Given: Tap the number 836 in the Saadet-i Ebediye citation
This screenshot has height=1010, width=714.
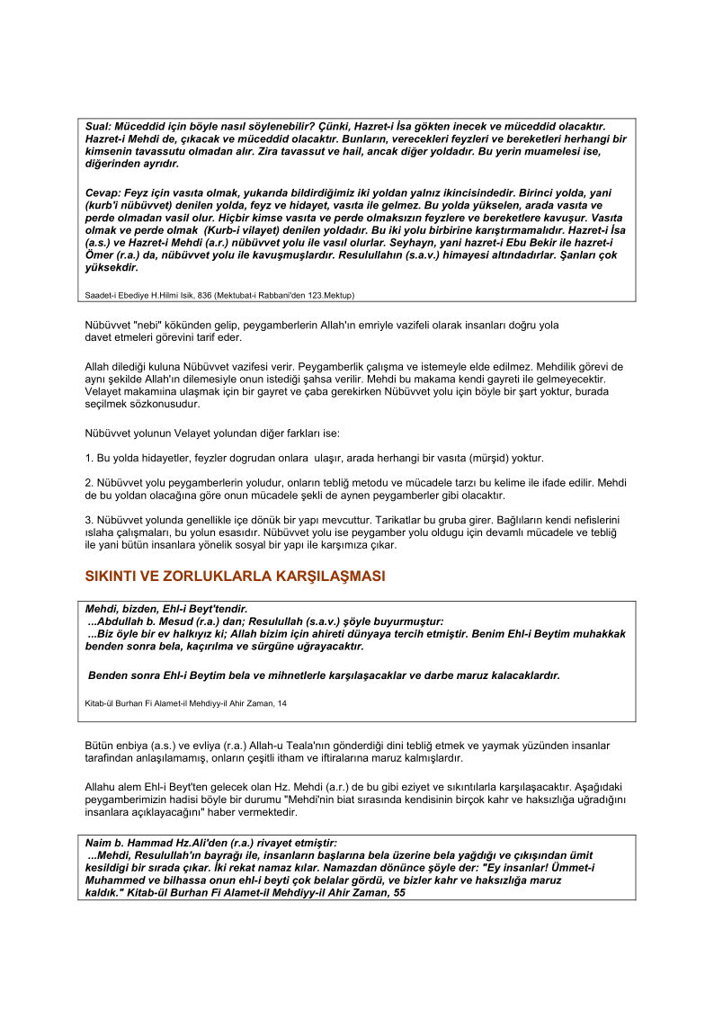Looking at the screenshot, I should click(x=201, y=293).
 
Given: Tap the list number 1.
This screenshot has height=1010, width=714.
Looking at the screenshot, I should click(x=89, y=458).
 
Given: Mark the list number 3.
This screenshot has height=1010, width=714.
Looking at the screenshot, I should click(x=89, y=520).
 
